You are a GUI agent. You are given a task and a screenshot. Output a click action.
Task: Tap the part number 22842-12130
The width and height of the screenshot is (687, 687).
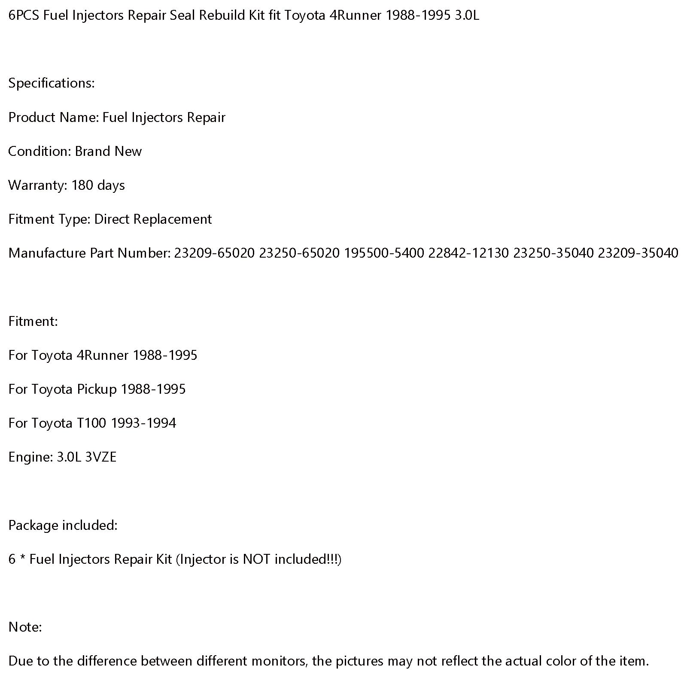coord(468,253)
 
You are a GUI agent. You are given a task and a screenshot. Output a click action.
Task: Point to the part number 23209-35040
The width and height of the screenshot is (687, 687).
coord(638,253)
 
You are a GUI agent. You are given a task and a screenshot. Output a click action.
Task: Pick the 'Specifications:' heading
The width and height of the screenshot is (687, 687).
coord(52,83)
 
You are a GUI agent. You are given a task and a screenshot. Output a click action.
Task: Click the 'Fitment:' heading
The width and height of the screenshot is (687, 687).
coord(33,321)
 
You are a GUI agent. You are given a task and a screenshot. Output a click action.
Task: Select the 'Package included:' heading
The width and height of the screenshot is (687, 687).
coord(63,525)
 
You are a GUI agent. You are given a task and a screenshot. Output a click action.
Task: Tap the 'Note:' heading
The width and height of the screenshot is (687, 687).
coord(25,627)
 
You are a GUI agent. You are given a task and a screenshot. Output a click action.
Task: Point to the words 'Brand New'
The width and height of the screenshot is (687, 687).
coord(108,151)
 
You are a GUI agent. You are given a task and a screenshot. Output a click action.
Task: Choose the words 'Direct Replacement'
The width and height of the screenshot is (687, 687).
coord(153,219)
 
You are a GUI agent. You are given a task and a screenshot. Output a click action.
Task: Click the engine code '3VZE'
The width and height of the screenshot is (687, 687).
coord(101,457)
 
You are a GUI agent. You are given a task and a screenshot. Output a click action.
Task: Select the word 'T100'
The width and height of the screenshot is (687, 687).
coord(91,423)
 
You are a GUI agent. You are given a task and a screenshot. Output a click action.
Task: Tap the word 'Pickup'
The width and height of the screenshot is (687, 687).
coord(97,389)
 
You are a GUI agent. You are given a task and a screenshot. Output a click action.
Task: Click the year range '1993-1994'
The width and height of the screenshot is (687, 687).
coord(143,423)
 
